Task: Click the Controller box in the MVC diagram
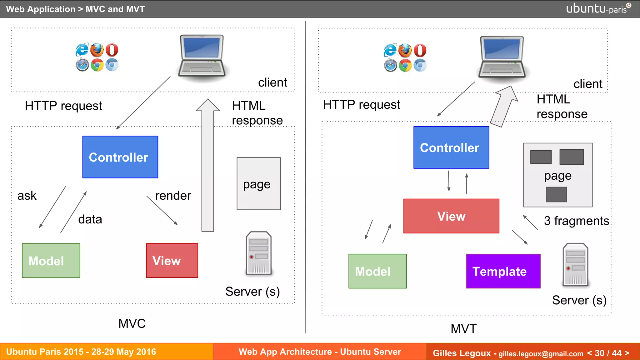point(120,157)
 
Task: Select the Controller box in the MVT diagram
point(451,147)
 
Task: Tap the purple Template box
point(503,271)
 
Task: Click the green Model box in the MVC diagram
point(51,261)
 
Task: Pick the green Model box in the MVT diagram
point(377,271)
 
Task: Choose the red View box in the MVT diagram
point(451,216)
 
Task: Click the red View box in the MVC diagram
point(172,260)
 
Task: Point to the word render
point(173,196)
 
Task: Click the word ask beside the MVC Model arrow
point(27,196)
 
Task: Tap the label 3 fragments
point(576,221)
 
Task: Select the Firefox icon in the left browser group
point(97,50)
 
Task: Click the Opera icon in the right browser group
point(420,50)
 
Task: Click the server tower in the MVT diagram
point(575,265)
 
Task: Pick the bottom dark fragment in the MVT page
point(556,194)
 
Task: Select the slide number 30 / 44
point(608,353)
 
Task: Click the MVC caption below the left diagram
point(132,323)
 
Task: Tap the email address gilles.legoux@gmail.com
point(541,354)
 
